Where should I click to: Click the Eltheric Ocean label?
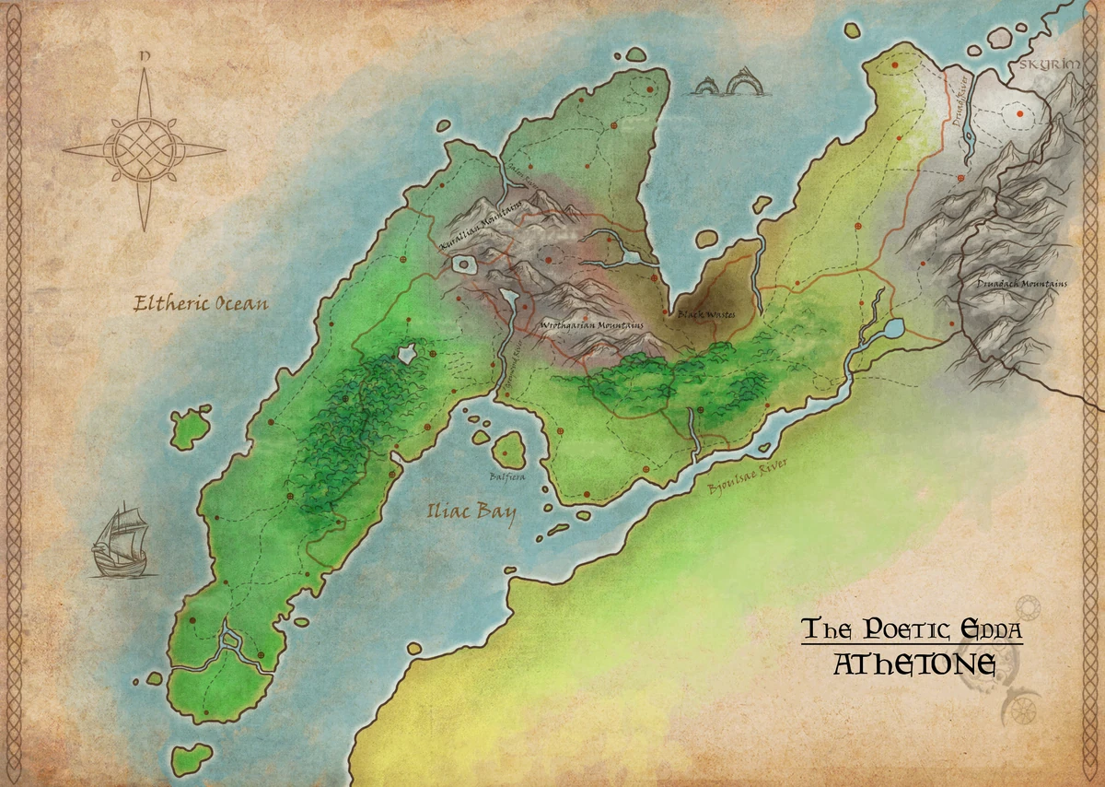201,302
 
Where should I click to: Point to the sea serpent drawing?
724,87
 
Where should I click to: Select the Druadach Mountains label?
1022,284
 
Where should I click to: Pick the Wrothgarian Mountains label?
591,327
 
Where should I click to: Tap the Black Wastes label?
706,315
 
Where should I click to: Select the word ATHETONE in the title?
913,664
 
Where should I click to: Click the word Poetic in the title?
897,630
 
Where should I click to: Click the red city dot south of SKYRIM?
1020,116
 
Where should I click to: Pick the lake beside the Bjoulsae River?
892,328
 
